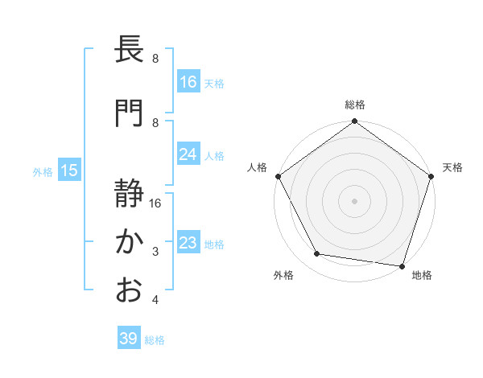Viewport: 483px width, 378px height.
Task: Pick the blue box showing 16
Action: (x=188, y=81)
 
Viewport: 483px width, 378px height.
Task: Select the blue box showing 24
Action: (x=188, y=154)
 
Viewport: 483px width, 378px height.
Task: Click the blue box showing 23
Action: (x=188, y=243)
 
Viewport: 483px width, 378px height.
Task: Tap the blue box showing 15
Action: (x=69, y=171)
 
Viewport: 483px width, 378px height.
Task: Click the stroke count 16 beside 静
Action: (x=155, y=203)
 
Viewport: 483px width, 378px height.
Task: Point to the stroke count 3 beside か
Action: (x=155, y=253)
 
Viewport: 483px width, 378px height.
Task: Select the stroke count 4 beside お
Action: (x=155, y=301)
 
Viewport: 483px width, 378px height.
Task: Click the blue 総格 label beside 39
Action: (x=155, y=340)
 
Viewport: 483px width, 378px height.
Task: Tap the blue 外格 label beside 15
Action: (x=42, y=171)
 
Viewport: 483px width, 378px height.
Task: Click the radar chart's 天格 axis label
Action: (x=452, y=167)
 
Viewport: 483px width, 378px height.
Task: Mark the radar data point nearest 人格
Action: (x=278, y=176)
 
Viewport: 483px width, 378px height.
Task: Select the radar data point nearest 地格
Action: (x=402, y=265)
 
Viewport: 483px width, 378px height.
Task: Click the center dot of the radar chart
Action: (x=354, y=201)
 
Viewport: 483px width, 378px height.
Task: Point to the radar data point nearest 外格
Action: (x=317, y=254)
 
